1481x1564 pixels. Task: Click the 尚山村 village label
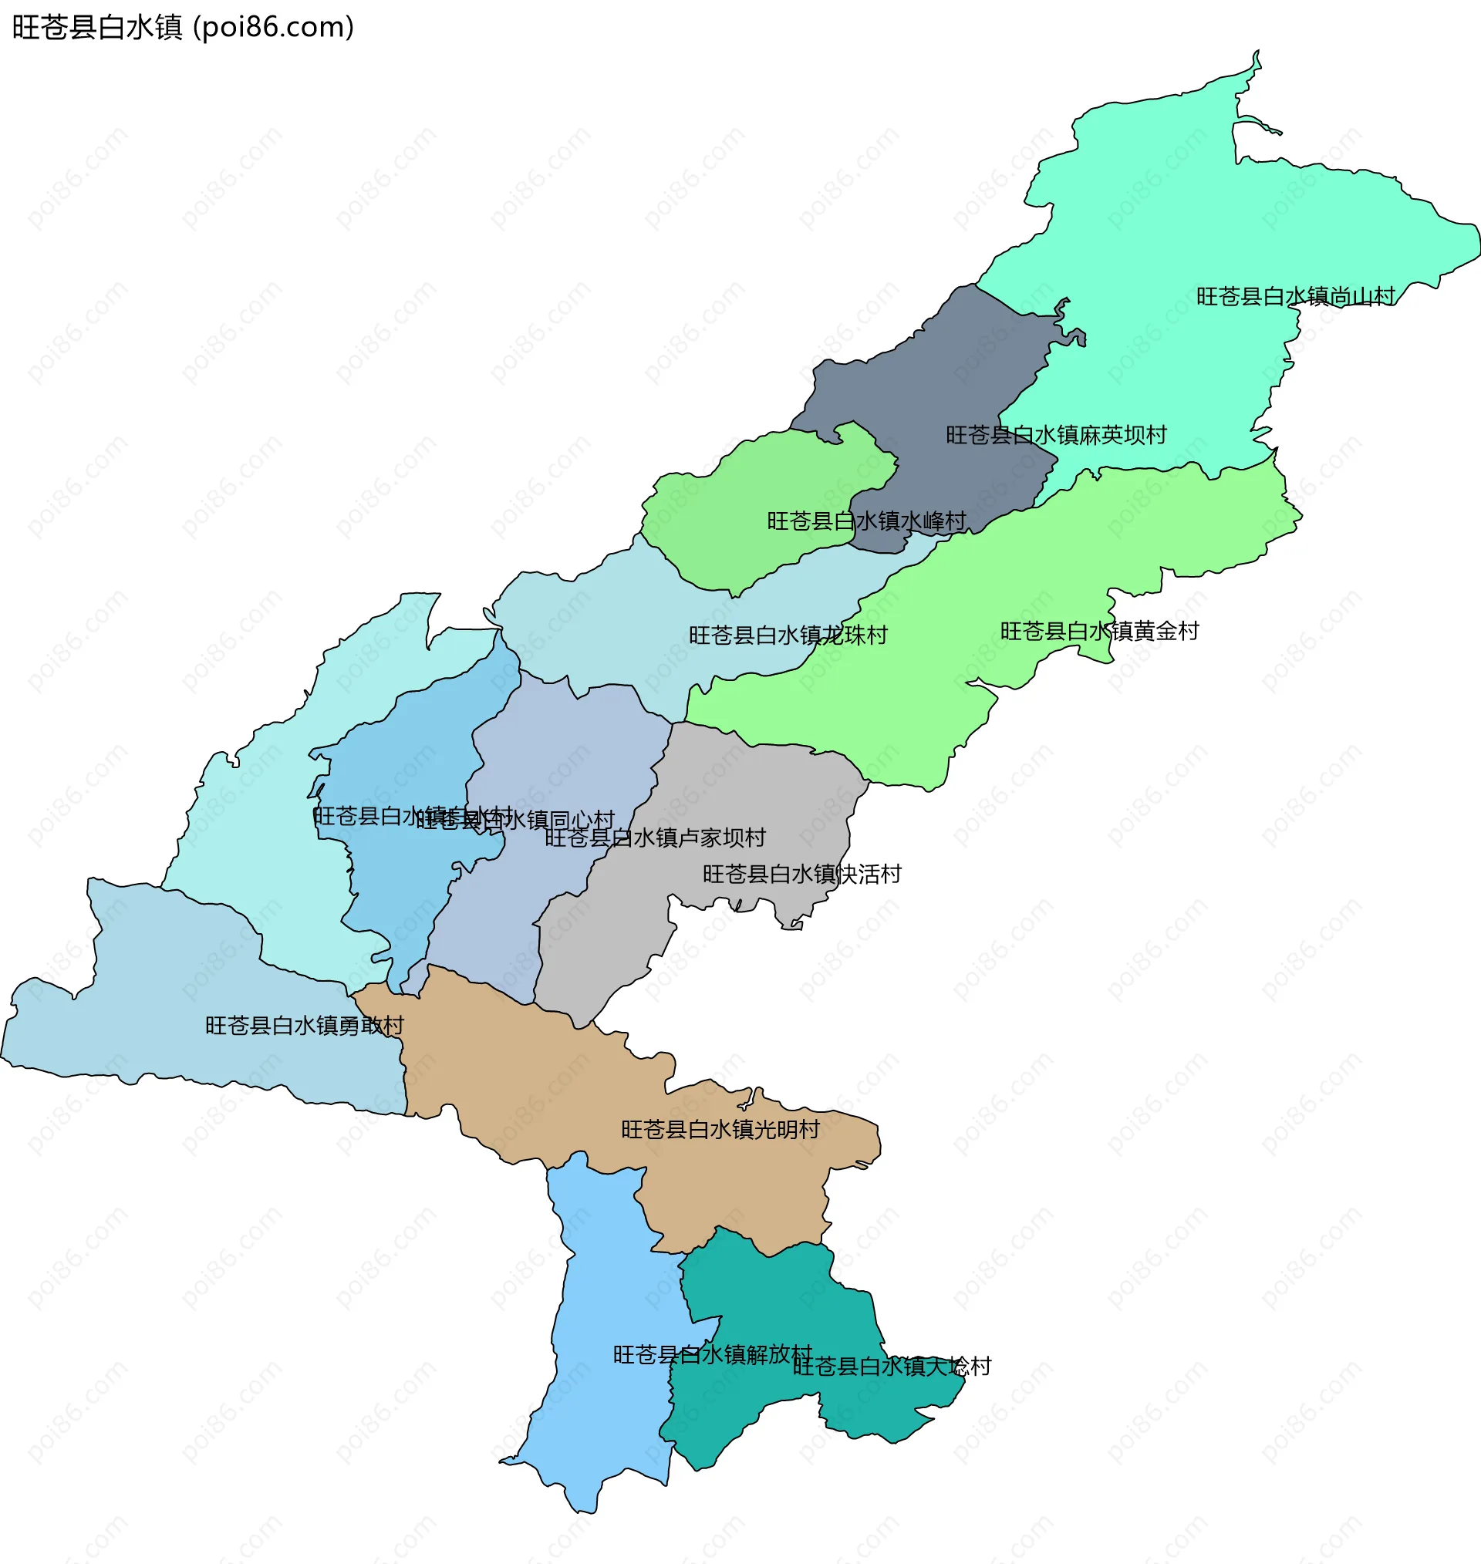pos(1295,297)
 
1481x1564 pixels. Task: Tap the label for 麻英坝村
pos(1056,436)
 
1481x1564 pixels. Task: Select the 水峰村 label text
pos(867,521)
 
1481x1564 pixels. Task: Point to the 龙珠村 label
pos(788,636)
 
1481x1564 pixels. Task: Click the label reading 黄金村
pos(1100,632)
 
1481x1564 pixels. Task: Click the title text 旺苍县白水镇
pos(96,28)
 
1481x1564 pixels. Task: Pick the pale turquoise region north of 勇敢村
pos(253,852)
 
